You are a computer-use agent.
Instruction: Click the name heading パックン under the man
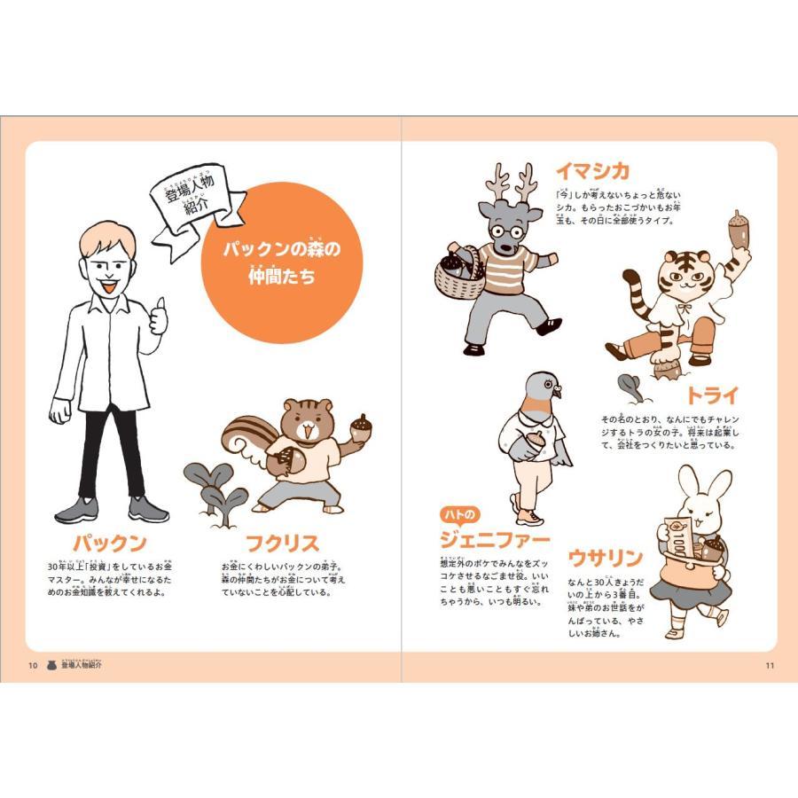pyautogui.click(x=109, y=543)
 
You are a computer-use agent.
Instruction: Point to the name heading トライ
pyautogui.click(x=710, y=395)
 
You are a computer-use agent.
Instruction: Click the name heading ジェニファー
pyautogui.click(x=495, y=539)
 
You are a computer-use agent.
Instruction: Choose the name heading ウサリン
pyautogui.click(x=605, y=558)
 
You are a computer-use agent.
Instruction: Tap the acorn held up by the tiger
pyautogui.click(x=739, y=229)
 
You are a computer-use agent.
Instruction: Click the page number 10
pyautogui.click(x=32, y=666)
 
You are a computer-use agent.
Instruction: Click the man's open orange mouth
pyautogui.click(x=107, y=285)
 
